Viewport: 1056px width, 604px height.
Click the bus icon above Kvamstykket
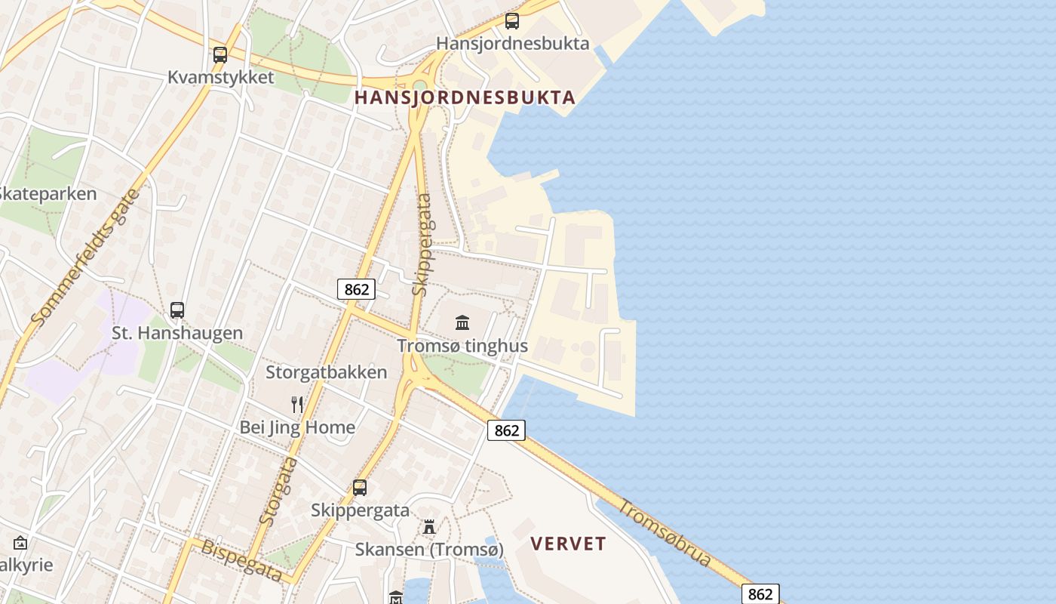220,54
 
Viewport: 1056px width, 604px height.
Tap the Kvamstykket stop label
220,78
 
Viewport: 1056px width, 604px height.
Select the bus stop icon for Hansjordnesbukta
512,21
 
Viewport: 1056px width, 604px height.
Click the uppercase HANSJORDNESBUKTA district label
465,97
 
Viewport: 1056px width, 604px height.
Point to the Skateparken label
47,194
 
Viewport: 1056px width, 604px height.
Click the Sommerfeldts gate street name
86,257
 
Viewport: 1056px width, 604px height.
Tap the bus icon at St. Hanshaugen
177,310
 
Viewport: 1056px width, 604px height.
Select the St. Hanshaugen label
177,333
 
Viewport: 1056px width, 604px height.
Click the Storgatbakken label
326,372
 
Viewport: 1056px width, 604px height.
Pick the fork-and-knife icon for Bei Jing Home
298,405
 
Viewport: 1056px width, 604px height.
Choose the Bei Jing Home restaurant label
297,427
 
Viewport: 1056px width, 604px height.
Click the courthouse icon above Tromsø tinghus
462,323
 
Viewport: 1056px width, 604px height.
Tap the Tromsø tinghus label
462,346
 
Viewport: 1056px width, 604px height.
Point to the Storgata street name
278,491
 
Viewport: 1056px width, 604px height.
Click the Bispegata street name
241,560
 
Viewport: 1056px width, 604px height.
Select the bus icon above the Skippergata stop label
360,488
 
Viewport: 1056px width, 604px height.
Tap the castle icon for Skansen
429,526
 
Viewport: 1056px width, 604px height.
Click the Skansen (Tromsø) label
429,550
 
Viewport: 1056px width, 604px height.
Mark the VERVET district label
568,544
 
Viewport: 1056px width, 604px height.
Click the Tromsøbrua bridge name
665,532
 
